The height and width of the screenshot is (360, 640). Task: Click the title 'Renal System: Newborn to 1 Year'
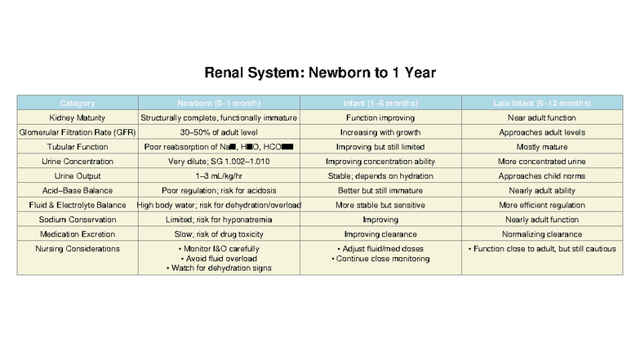coord(319,73)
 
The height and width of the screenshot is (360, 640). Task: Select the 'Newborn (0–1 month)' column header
coord(218,104)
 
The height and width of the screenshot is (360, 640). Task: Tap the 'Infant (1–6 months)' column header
coord(380,104)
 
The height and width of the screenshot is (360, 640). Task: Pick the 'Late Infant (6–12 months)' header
coord(542,104)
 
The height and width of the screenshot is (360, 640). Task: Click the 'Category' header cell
coord(78,104)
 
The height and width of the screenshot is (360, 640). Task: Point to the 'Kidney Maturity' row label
coord(78,118)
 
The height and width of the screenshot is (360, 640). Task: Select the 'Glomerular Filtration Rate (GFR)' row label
coord(78,132)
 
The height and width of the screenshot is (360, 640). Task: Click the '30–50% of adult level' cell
coord(218,132)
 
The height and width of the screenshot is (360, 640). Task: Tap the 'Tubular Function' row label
coord(78,147)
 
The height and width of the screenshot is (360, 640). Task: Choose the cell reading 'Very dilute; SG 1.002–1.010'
coord(218,162)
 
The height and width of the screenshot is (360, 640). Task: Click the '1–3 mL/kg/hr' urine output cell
coord(218,176)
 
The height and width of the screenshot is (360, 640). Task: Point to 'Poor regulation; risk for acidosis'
coord(218,190)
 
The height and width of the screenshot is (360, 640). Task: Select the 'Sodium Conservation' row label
coord(78,220)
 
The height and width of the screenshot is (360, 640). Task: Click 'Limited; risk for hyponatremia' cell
coord(218,220)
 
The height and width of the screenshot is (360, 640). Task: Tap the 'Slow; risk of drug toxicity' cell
coord(218,233)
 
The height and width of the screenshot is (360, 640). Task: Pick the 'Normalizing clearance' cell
coord(542,233)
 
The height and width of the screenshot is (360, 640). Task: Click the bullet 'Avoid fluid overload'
coord(218,258)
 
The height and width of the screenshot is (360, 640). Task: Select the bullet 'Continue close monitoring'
coord(380,259)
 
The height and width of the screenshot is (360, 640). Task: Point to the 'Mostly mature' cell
coord(542,147)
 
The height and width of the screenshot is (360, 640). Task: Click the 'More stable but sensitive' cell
coord(380,205)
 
